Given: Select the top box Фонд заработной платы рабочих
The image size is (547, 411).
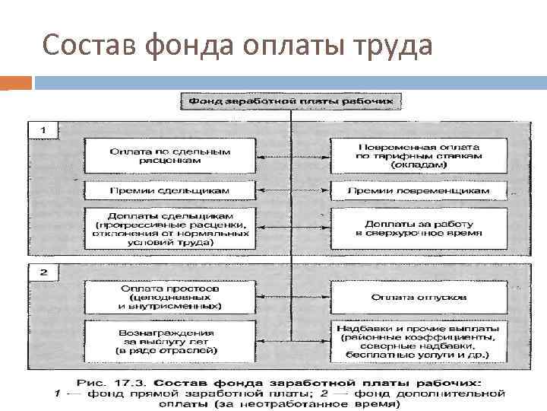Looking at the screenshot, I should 291,100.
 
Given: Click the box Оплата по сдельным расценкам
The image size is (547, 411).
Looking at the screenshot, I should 169,156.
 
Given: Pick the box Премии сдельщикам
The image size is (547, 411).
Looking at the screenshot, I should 169,190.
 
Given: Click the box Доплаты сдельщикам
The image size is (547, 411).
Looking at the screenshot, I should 169,226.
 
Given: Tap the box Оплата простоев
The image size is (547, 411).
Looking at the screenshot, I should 169,297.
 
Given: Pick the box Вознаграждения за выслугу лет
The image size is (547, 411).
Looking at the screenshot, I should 169,339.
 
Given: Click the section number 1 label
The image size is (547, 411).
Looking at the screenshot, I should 43,131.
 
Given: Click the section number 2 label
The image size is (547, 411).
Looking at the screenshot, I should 43,272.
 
